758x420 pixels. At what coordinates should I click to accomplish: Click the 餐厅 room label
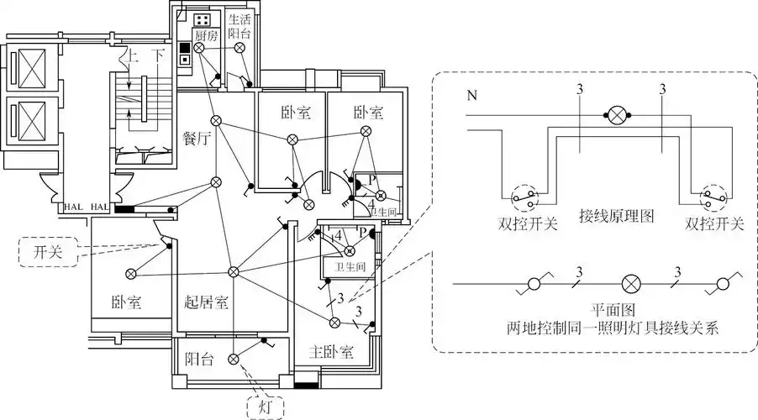[x=195, y=139]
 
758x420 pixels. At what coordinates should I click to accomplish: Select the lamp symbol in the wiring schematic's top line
[x=619, y=115]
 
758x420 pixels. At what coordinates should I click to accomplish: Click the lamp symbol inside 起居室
[x=234, y=271]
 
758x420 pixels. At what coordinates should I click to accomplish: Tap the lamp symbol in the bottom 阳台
[x=234, y=360]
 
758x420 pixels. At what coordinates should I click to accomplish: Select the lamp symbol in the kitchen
[x=199, y=49]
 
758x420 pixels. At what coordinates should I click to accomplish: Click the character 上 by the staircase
[x=131, y=56]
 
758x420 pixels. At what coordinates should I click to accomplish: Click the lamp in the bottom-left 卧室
[x=131, y=274]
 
